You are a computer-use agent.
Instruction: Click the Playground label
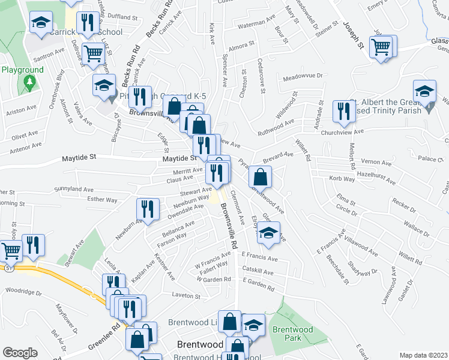(x=22, y=70)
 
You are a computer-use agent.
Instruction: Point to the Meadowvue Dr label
(x=303, y=77)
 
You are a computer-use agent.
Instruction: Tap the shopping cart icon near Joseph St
(x=382, y=46)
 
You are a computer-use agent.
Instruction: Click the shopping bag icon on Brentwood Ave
(x=261, y=176)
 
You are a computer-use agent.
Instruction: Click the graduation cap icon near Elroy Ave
(x=269, y=233)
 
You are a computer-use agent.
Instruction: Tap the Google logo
(x=20, y=353)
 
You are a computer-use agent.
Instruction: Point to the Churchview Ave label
(x=343, y=132)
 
